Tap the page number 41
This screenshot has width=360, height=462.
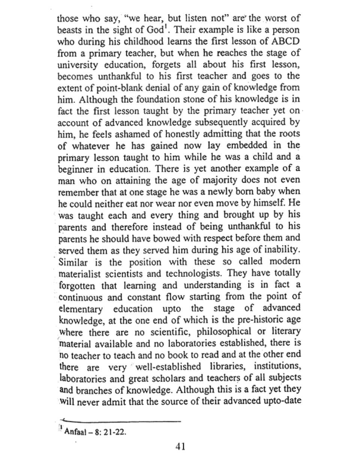click(x=180, y=446)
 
